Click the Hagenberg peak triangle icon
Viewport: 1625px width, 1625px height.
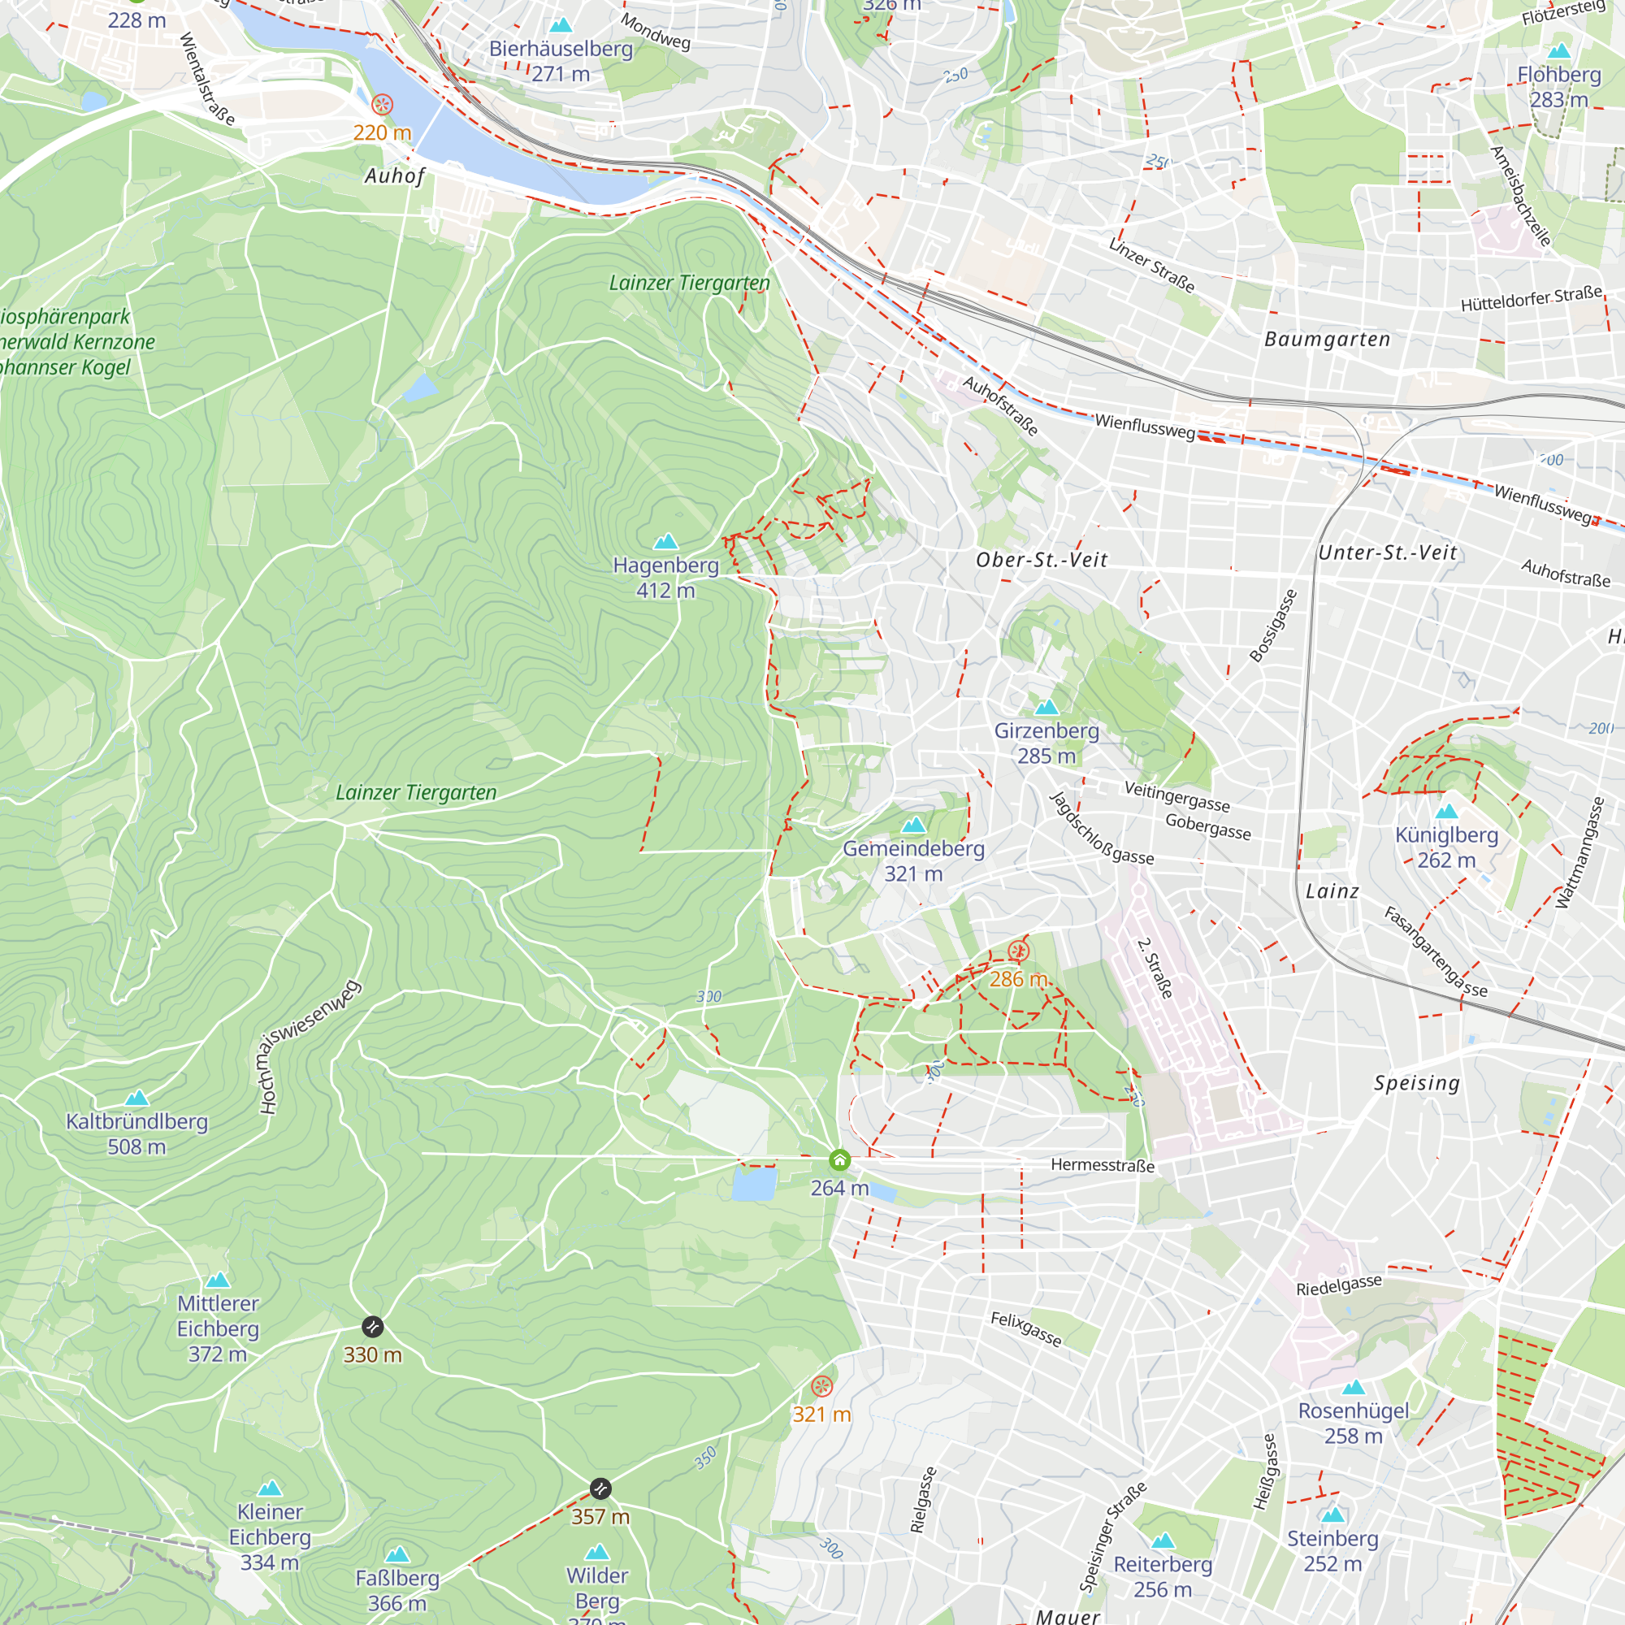coord(665,541)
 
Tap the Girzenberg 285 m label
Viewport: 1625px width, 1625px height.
coord(1046,743)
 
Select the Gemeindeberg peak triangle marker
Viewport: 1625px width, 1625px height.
coord(913,825)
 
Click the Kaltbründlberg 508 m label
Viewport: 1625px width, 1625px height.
coord(137,1133)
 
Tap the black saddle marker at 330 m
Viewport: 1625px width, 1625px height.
coord(373,1328)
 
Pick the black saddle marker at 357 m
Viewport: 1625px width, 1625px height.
coord(600,1488)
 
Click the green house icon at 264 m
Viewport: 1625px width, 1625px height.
coord(839,1161)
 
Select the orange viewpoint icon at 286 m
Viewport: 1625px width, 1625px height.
coord(1019,952)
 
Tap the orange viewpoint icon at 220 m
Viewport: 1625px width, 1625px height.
coord(382,104)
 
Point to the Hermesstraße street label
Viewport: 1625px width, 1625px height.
coord(1102,1165)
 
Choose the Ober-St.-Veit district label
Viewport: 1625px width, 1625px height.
coord(1042,560)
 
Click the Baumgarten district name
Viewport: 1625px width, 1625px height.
coord(1328,339)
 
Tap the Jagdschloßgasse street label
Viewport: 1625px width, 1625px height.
coord(1101,829)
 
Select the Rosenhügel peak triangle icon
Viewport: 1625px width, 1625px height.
coord(1354,1387)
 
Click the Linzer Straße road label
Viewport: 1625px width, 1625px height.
coord(1151,265)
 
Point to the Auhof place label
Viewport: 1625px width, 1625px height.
coord(395,175)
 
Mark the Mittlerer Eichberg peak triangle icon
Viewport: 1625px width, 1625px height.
coord(218,1280)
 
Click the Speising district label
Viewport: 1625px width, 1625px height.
coord(1416,1082)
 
